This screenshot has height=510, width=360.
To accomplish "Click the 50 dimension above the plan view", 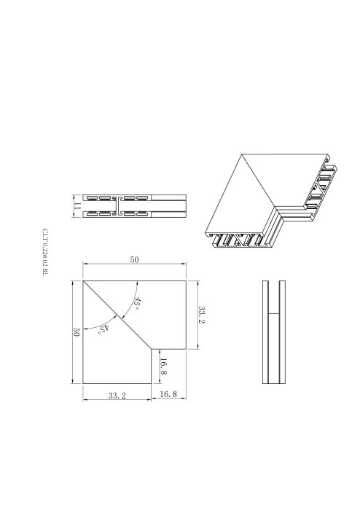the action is coord(134,259).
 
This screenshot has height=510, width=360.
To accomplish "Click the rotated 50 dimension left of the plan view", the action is coord(77,332).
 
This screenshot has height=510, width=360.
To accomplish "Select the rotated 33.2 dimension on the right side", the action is coord(202,315).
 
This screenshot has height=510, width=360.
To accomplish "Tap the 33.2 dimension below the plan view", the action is coord(117,396).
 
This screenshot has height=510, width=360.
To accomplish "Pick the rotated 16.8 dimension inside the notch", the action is coord(163,366).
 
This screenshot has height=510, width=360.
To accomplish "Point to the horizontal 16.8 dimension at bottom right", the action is coord(168,394).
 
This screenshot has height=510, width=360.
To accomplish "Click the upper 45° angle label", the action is coord(137,303).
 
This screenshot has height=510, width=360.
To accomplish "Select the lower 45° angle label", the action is coord(103,329).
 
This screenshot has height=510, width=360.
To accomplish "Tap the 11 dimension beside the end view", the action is coord(77,206).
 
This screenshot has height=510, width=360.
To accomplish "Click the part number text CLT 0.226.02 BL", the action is coord(45,252).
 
